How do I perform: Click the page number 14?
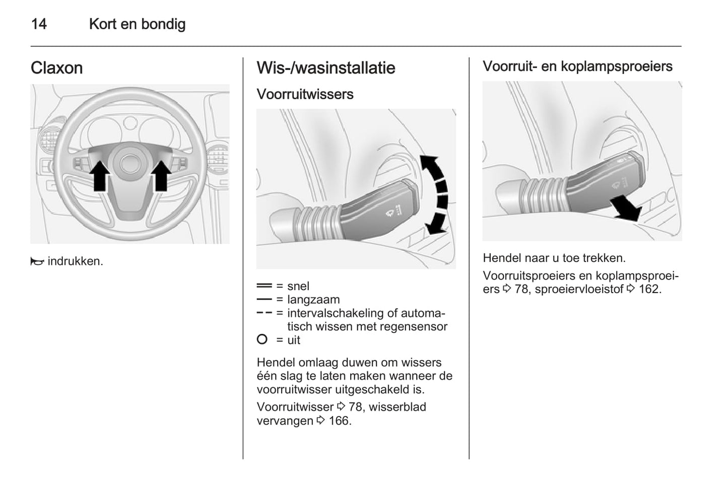[x=39, y=24]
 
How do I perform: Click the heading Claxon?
[x=56, y=68]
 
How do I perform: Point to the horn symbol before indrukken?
[x=37, y=261]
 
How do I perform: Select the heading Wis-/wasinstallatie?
[x=325, y=68]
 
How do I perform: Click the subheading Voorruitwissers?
[x=305, y=94]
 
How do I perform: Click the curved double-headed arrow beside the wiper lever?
[x=435, y=194]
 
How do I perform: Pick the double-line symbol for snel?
[x=264, y=286]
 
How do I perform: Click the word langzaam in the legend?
[x=313, y=300]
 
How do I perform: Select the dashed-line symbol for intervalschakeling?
[x=264, y=313]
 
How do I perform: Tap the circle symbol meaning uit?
[x=262, y=340]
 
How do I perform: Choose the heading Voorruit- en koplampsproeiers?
[x=577, y=66]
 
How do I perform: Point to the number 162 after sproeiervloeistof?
[x=649, y=289]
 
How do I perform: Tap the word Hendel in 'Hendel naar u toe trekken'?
[x=502, y=258]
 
